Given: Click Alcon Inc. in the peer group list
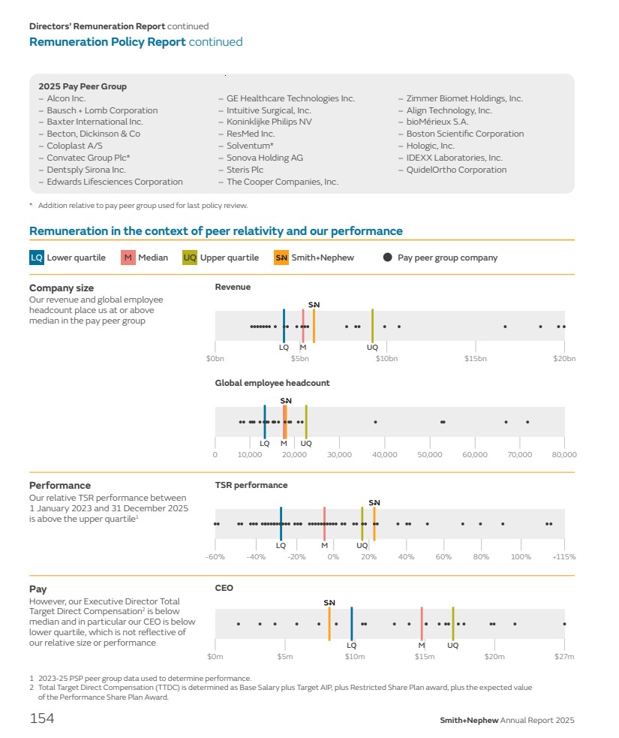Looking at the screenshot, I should coord(66,98).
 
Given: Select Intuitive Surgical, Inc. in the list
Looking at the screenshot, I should coord(269,110).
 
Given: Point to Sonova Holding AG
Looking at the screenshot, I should coord(265,158).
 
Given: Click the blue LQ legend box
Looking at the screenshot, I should coord(37,258).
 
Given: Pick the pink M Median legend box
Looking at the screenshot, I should coord(128,258).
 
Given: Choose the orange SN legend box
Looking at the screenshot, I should coord(281,258).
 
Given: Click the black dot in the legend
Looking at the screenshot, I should coord(387,258).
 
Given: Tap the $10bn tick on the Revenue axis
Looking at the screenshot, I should coord(386,359).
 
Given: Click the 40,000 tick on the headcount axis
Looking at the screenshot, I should coord(385,454).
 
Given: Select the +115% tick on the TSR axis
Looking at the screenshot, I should coord(563,557).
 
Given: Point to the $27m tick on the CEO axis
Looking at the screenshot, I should coord(563,657).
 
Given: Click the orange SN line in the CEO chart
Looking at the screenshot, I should coord(329,624).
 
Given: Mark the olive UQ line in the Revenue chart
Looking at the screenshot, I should coord(372,326).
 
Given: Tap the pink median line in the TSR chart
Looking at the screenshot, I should coord(324,523).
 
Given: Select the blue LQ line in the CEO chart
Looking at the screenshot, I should coord(351,624).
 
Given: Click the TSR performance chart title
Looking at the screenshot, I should coord(251,485).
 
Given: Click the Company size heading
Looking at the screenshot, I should coord(62,288).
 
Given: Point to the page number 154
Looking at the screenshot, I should coord(42,718).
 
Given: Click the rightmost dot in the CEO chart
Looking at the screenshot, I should coord(564,624).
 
